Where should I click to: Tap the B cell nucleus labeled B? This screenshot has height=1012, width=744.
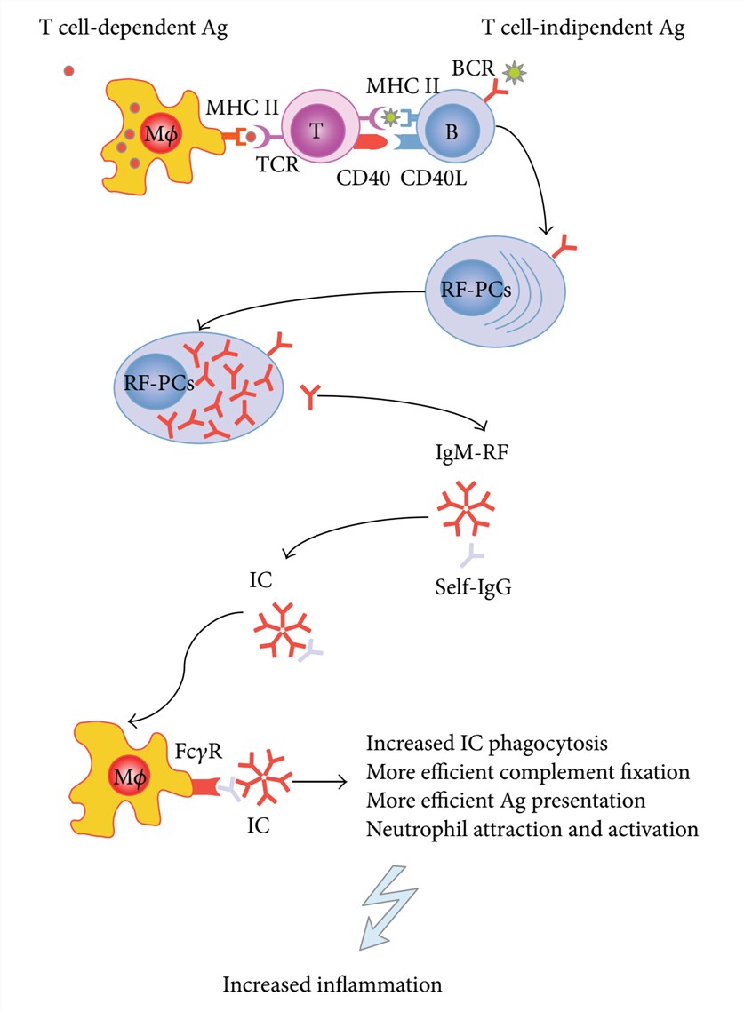click(x=452, y=130)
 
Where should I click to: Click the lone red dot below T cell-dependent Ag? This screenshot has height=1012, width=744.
click(x=69, y=70)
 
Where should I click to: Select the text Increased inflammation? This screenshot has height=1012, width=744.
click(x=332, y=984)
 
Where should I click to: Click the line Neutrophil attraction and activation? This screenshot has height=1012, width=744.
click(x=532, y=830)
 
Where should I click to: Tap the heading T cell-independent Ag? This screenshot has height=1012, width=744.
click(x=582, y=29)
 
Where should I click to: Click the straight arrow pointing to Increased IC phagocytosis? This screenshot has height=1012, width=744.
click(x=321, y=782)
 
